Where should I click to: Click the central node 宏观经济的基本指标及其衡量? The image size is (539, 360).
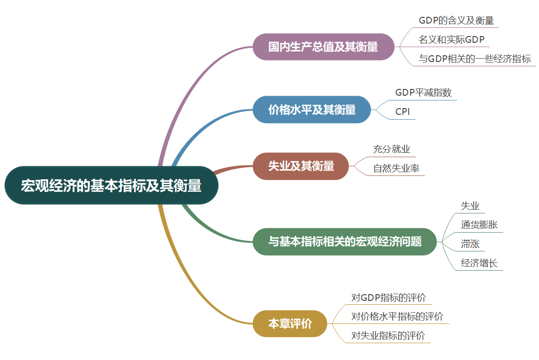(111, 186)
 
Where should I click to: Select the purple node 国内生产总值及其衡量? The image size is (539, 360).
(323, 47)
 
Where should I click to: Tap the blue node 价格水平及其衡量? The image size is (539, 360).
(312, 110)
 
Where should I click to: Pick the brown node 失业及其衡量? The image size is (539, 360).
(301, 166)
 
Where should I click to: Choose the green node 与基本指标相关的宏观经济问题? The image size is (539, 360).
(345, 241)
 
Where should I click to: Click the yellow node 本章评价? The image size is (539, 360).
(290, 323)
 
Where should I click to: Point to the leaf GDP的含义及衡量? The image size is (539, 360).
(456, 21)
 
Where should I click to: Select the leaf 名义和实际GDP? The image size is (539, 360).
(451, 39)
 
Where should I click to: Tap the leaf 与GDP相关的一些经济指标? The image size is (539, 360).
(475, 59)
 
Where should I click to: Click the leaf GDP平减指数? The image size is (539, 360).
(423, 93)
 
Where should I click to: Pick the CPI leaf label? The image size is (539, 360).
(402, 112)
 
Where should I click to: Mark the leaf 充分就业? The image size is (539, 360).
(391, 149)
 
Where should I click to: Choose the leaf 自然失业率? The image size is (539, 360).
(396, 169)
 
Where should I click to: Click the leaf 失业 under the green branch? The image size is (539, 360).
(470, 206)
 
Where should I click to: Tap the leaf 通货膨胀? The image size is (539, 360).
(479, 225)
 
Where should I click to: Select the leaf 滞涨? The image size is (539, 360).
(470, 244)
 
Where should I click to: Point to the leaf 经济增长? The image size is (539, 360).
(479, 263)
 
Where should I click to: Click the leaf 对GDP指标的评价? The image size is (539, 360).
(389, 298)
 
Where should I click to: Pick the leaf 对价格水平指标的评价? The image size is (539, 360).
(397, 316)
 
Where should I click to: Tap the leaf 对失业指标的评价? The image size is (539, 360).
(388, 335)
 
